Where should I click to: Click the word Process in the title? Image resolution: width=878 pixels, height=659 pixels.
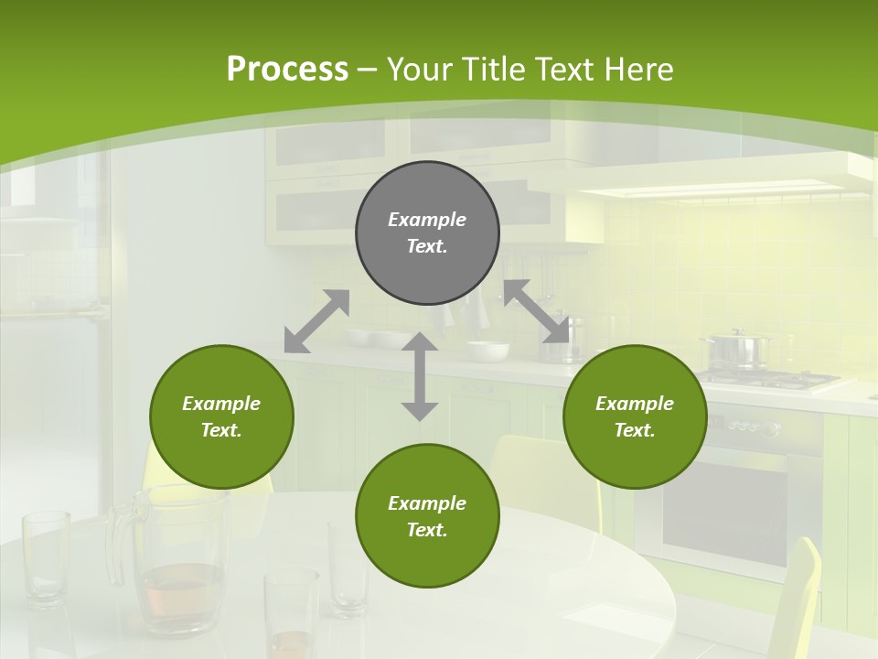click(x=287, y=70)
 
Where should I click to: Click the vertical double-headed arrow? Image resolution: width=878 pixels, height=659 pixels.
click(x=420, y=376)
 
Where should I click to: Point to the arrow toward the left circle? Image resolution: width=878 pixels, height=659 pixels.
click(x=316, y=320)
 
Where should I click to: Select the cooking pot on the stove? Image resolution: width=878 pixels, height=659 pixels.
click(x=737, y=350)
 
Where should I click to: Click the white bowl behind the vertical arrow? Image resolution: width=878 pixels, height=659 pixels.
click(x=487, y=351)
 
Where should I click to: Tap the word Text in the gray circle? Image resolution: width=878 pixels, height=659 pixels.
click(x=427, y=246)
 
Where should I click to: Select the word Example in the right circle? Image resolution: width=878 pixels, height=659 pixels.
click(x=635, y=404)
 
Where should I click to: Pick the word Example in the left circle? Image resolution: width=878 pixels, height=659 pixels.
click(x=221, y=404)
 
